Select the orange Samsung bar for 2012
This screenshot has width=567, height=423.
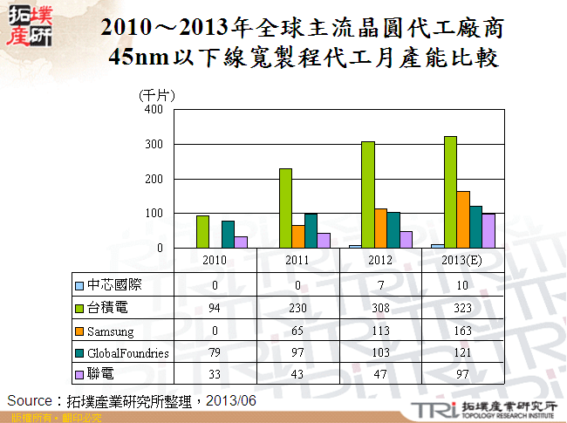click(380, 229)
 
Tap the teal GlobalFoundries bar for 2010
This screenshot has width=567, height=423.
click(228, 235)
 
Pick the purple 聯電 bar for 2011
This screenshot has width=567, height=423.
click(324, 241)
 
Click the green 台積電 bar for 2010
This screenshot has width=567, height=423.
click(202, 232)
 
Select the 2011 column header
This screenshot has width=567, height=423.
click(297, 260)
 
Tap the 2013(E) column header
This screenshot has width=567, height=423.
click(463, 260)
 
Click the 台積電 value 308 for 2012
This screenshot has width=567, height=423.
click(380, 308)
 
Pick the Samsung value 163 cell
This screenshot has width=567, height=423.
click(463, 331)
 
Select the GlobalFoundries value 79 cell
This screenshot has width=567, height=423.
click(215, 353)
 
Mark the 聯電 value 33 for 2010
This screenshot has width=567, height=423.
click(215, 374)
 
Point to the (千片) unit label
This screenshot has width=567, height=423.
click(157, 94)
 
